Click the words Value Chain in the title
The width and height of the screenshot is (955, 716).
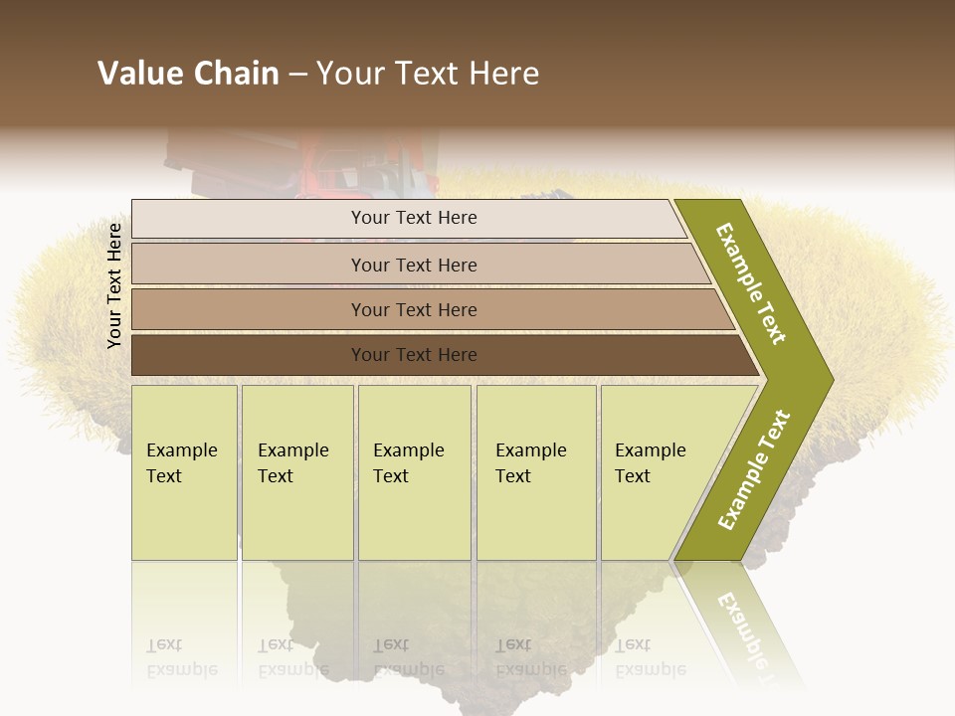pos(188,74)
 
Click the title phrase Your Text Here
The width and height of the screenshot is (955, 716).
pos(428,74)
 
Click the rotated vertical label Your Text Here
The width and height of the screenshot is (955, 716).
pos(114,285)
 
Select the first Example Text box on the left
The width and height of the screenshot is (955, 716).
pos(184,472)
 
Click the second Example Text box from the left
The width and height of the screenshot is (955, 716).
pos(297,472)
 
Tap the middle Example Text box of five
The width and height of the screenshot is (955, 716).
pos(414,472)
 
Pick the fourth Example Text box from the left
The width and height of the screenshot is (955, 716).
pos(536,472)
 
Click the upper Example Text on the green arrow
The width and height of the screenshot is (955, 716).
pos(751,282)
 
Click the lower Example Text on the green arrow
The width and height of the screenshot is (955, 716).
pos(753,469)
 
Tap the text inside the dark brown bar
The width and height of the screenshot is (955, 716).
pos(414,355)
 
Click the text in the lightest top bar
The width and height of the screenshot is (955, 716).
pos(414,218)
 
